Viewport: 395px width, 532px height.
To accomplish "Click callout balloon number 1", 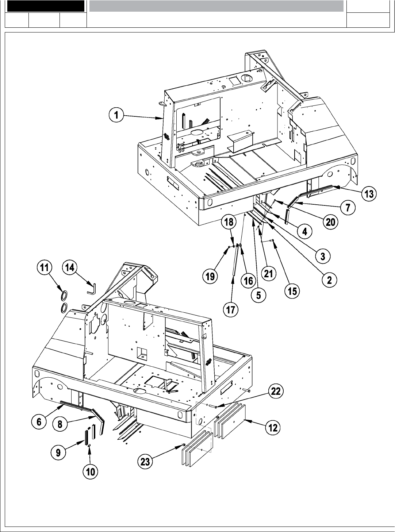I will [116, 116].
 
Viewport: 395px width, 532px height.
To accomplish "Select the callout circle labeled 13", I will [369, 194].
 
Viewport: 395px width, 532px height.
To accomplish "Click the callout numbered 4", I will [304, 231].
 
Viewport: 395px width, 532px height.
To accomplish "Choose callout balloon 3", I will [323, 256].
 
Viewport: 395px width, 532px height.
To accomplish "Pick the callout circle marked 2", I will [329, 280].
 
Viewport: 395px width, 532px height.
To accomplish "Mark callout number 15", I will [292, 291].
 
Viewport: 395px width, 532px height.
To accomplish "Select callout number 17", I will [231, 310].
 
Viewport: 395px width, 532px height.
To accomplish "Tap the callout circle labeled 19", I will [210, 276].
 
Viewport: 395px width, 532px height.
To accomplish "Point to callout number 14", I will [69, 268].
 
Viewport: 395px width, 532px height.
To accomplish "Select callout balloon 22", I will [276, 391].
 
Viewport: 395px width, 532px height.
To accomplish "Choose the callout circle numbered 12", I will [273, 428].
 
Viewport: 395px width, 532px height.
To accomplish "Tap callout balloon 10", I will [90, 472].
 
